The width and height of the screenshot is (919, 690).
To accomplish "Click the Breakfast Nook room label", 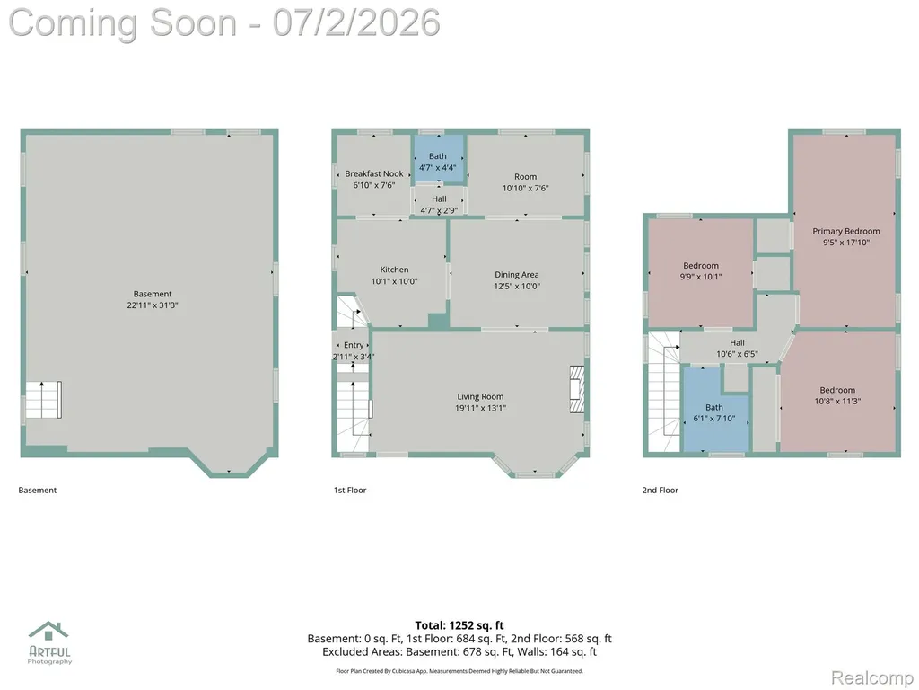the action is point(374,173).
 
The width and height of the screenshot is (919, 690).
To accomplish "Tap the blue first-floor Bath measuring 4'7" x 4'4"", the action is point(439,158).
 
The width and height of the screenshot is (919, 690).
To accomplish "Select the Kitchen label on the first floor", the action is point(395,270).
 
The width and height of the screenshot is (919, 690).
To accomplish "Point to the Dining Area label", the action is point(516,275).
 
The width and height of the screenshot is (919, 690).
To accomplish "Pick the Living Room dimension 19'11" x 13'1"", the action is point(481,408).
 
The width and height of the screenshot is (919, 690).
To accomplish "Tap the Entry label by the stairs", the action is point(354,345).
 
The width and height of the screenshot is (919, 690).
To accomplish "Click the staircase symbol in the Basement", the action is point(43,400).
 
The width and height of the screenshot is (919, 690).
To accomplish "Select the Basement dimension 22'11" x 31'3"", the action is point(153,305).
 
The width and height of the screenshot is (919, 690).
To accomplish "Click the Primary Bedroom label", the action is point(845,231).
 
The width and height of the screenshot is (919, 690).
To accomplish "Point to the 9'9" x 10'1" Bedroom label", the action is point(701,271).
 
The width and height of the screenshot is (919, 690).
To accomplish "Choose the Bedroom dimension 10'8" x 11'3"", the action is point(837,402).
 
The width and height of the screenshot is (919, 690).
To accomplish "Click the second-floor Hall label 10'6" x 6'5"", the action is point(738,348).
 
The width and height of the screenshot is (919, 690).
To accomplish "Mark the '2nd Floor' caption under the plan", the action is point(660,490).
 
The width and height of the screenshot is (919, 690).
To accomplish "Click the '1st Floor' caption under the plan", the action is point(350,490).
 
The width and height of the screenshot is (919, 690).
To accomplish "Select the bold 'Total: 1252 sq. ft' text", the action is point(459,625).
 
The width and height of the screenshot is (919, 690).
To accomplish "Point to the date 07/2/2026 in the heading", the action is point(356,22).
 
